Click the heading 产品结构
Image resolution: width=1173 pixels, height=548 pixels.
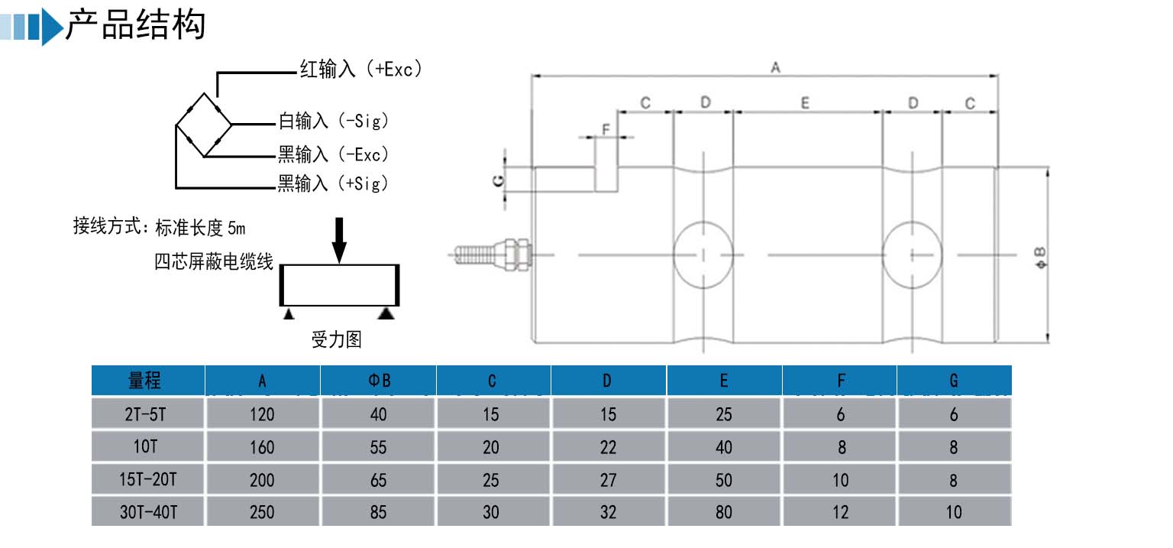pos(135,25)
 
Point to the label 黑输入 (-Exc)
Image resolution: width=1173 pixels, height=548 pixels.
pos(333,154)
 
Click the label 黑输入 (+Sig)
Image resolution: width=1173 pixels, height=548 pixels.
pos(333,183)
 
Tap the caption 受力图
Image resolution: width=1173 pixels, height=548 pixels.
pos(337,340)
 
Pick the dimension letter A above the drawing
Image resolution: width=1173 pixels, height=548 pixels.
pos(776,68)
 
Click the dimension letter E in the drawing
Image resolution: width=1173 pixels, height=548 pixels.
pos(805,102)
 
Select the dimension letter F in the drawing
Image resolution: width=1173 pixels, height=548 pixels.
pos(606,130)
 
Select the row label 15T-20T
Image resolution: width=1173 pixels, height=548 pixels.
pos(149,480)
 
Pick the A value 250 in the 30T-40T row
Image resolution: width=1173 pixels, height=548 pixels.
pos(261,512)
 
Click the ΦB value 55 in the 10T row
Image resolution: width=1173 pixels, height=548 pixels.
pos(378,448)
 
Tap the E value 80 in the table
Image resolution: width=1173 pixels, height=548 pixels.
pos(723,512)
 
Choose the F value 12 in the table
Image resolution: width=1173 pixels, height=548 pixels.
pos(840,512)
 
